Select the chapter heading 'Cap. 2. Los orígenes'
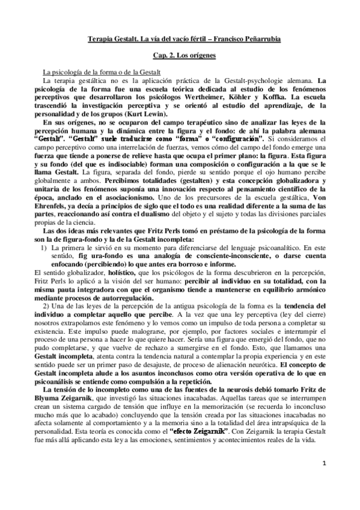pos(180,55)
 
